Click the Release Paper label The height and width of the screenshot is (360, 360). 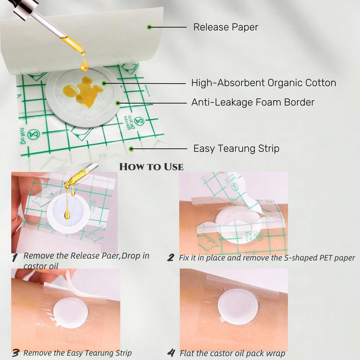pyautogui.click(x=226, y=27)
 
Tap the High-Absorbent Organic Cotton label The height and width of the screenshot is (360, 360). pyautogui.click(x=264, y=83)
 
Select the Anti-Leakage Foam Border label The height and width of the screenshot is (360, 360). pyautogui.click(x=253, y=102)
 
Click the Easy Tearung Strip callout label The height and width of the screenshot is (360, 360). pyautogui.click(x=236, y=148)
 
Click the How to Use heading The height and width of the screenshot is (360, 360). pyautogui.click(x=152, y=166)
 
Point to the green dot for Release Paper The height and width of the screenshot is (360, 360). pyautogui.click(x=149, y=27)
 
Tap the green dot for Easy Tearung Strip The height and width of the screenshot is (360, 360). pyautogui.click(x=131, y=149)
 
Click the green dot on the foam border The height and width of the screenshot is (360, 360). pyautogui.click(x=118, y=103)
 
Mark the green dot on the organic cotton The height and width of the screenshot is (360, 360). pyautogui.click(x=104, y=83)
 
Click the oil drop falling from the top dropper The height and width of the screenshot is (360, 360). pyautogui.click(x=84, y=65)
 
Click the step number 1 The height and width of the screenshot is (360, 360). pyautogui.click(x=15, y=257)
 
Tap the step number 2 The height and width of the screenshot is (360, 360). pyautogui.click(x=171, y=257)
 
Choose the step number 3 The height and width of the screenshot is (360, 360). pyautogui.click(x=16, y=353)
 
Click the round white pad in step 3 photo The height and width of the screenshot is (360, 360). pyautogui.click(x=70, y=313)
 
